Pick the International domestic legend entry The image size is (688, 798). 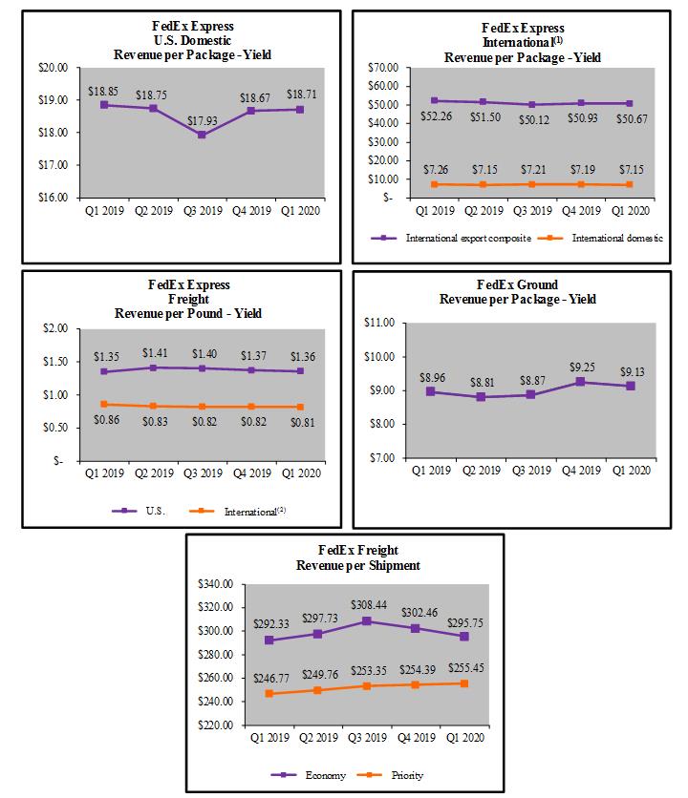point(610,238)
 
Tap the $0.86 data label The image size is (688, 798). point(106,420)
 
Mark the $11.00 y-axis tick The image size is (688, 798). point(380,323)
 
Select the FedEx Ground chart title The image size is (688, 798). point(516,291)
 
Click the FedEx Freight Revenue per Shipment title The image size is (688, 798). point(345,557)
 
